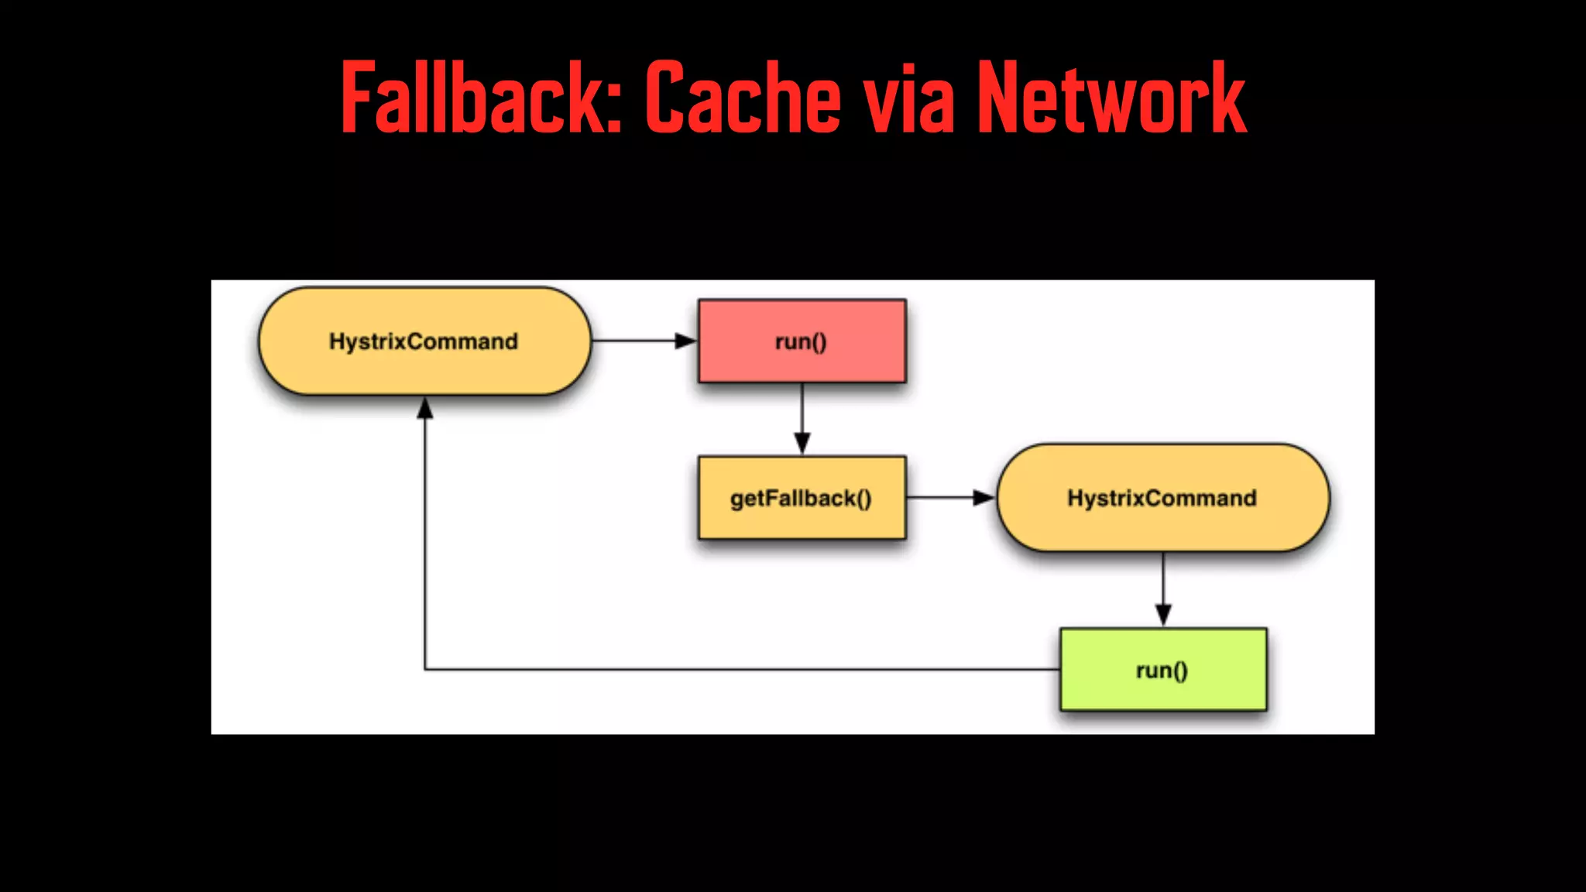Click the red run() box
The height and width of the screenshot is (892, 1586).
[x=802, y=341]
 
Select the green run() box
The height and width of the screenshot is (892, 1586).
[x=1163, y=670]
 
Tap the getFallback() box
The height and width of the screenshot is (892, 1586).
[x=802, y=498]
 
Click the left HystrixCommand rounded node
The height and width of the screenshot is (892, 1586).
[x=424, y=341]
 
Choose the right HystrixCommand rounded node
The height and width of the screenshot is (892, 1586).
[x=1162, y=498]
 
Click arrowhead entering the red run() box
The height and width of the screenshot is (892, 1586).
[x=686, y=341]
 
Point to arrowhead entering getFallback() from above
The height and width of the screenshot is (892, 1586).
[x=802, y=444]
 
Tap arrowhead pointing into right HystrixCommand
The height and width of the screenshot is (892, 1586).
[x=984, y=498]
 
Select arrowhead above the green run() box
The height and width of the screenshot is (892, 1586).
[x=1163, y=616]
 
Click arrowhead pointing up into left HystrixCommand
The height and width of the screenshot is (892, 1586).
[x=425, y=407]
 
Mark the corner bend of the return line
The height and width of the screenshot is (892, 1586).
[x=425, y=669]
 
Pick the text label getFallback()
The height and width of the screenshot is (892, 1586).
[x=801, y=499]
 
